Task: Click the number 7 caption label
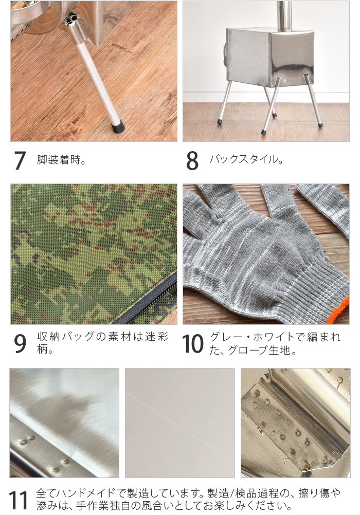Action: click(20, 161)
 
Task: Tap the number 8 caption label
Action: click(192, 161)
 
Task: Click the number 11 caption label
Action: click(18, 500)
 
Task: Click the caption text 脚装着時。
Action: click(61, 159)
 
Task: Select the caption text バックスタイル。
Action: click(246, 159)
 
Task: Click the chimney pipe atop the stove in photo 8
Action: click(283, 15)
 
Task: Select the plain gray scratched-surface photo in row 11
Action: click(179, 422)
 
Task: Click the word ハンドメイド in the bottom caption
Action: click(83, 493)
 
